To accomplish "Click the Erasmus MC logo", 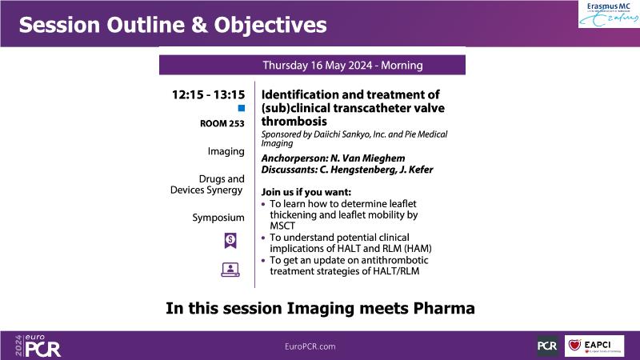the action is pos(609,14).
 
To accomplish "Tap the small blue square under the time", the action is pos(242,108).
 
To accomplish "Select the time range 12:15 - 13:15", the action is pos(208,94).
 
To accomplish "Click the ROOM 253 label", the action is pos(222,123).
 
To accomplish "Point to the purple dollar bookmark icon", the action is pos(230,241).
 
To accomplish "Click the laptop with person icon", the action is pos(230,270).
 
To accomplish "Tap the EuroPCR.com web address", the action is pos(310,346).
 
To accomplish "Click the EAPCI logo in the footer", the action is pos(594,346).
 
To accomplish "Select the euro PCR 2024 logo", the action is pos(38,346).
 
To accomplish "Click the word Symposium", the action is pos(218,218).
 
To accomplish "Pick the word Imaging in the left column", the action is pos(226,151).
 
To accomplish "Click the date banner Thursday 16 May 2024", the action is pos(312,66).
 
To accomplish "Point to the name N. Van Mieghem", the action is pos(368,158).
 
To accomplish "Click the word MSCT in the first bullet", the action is pos(282,226).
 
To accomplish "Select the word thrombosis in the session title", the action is pos(294,122).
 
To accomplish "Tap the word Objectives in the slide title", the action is pos(270,25).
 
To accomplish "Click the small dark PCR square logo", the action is pos(547,346).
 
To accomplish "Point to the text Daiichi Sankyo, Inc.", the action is pos(350,134).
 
